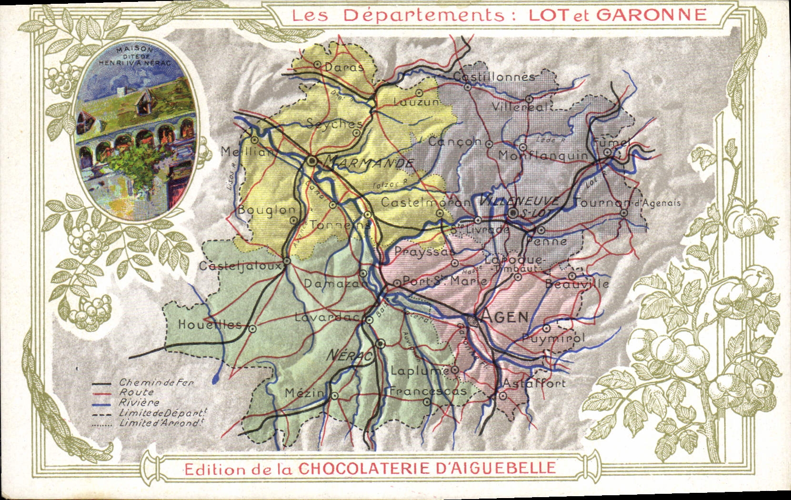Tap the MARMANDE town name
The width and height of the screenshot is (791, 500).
click(x=368, y=163)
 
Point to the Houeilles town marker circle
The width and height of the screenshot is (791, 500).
click(x=252, y=329)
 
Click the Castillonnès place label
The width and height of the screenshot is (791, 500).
click(x=494, y=77)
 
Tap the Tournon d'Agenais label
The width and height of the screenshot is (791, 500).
click(x=627, y=202)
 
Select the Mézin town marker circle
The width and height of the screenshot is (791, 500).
click(x=334, y=395)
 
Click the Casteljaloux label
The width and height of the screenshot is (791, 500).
click(x=240, y=266)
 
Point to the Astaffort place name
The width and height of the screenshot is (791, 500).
click(x=534, y=383)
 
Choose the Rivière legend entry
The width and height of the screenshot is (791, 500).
click(x=139, y=403)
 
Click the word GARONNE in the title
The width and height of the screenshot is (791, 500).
click(x=651, y=15)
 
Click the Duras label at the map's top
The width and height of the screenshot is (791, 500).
click(x=344, y=67)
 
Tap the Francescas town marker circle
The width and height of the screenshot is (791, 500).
click(x=427, y=402)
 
